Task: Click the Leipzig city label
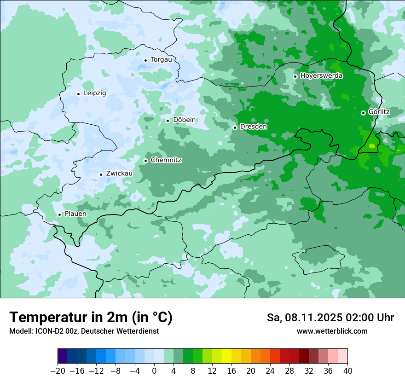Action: [95, 93]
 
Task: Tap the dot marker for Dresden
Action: [235, 127]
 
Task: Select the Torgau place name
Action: [161, 60]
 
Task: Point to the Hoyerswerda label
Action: [321, 76]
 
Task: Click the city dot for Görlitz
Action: [363, 113]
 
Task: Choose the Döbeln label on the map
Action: [184, 120]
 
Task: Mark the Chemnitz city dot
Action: [145, 161]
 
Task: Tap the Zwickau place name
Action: [119, 174]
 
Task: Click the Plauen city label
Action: [75, 214]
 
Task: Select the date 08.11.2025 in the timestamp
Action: [312, 318]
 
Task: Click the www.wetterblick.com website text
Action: [332, 331]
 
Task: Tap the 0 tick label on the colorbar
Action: [154, 371]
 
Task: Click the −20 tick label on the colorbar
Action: [58, 371]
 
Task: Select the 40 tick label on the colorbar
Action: [347, 371]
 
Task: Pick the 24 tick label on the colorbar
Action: [270, 371]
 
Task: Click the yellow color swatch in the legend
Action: [226, 356]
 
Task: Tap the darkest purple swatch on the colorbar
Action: [63, 356]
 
